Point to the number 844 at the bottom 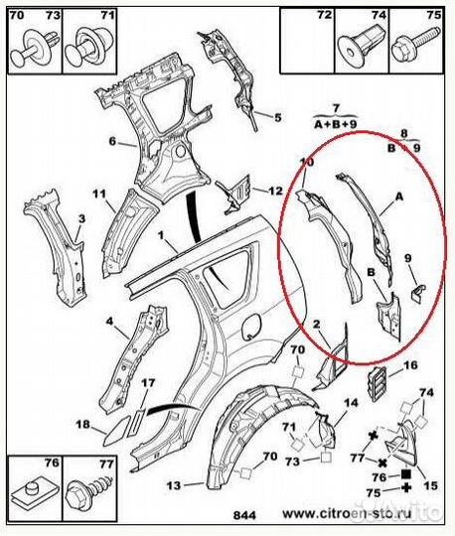244,515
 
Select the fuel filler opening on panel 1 251,327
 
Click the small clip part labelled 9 416,293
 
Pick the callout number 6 113,141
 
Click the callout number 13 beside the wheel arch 174,485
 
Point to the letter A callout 399,198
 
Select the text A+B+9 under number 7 335,125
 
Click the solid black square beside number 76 406,473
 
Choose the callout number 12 276,191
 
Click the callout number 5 278,117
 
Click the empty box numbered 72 307,41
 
